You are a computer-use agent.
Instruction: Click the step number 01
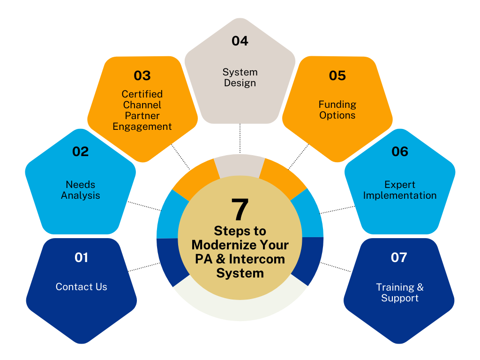click(x=81, y=257)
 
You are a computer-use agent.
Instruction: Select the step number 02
click(x=80, y=151)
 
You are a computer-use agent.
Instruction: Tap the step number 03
click(x=142, y=75)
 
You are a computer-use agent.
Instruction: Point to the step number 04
click(x=240, y=41)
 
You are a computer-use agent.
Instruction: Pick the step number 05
click(x=337, y=75)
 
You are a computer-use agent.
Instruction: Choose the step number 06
click(x=400, y=151)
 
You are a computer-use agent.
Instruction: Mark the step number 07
click(x=399, y=257)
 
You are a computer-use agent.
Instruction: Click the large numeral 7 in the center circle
click(x=240, y=210)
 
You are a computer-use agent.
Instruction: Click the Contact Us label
click(x=81, y=287)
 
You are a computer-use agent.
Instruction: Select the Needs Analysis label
click(x=80, y=190)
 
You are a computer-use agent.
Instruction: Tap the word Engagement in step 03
click(x=142, y=127)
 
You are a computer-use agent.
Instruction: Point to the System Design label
click(x=240, y=77)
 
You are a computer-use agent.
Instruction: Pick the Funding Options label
click(x=337, y=110)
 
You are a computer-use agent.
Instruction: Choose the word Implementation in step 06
click(x=400, y=195)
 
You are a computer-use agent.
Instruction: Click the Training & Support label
click(x=399, y=292)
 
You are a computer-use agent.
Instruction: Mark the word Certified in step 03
click(x=142, y=94)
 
